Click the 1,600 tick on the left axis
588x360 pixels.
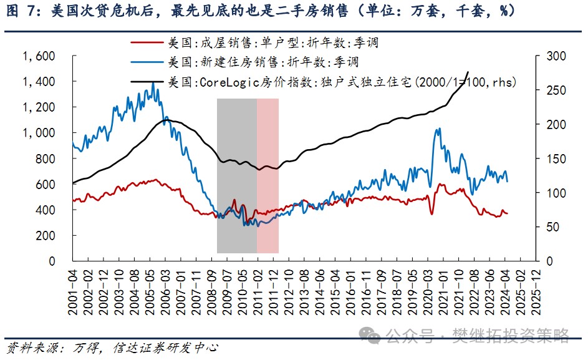(39, 56)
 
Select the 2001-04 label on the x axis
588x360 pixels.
(74, 288)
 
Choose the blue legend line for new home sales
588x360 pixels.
(147, 62)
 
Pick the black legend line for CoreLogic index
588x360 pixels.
(147, 81)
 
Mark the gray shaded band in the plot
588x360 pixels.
(237, 175)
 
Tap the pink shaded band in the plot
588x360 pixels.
(267, 175)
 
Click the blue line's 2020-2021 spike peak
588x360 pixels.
(438, 129)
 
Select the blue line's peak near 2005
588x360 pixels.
(153, 83)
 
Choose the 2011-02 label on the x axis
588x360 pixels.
(257, 288)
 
